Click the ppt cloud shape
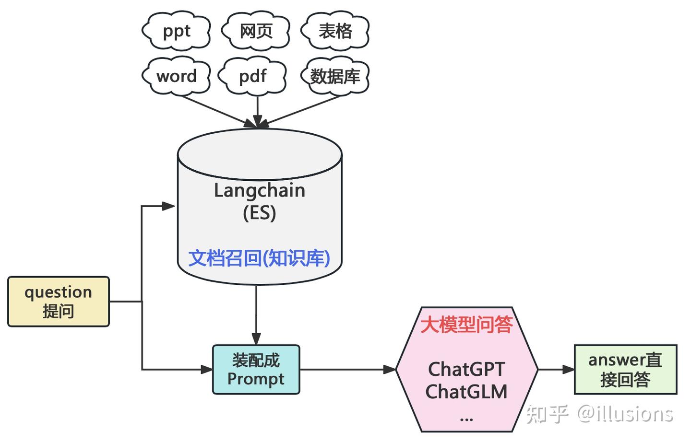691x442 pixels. pos(176,31)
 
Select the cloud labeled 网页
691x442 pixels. pos(256,31)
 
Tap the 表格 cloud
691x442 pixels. pos(335,31)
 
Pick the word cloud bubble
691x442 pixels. pos(176,76)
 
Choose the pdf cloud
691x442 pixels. pos(252,76)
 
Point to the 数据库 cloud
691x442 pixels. pos(334,76)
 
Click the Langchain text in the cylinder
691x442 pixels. pos(259,190)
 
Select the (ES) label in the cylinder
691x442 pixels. pos(259,212)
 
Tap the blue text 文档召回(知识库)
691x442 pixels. pos(259,258)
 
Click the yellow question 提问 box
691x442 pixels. pos(59,302)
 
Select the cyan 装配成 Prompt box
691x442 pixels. pos(256,370)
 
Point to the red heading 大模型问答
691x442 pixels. pos(466,325)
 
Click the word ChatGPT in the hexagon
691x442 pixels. pos(466,369)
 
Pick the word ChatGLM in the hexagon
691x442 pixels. pos(466,392)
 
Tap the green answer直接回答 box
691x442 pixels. pos(625,370)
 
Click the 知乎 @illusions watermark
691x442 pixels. pos(599,413)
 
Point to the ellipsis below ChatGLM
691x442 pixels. pos(466,419)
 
